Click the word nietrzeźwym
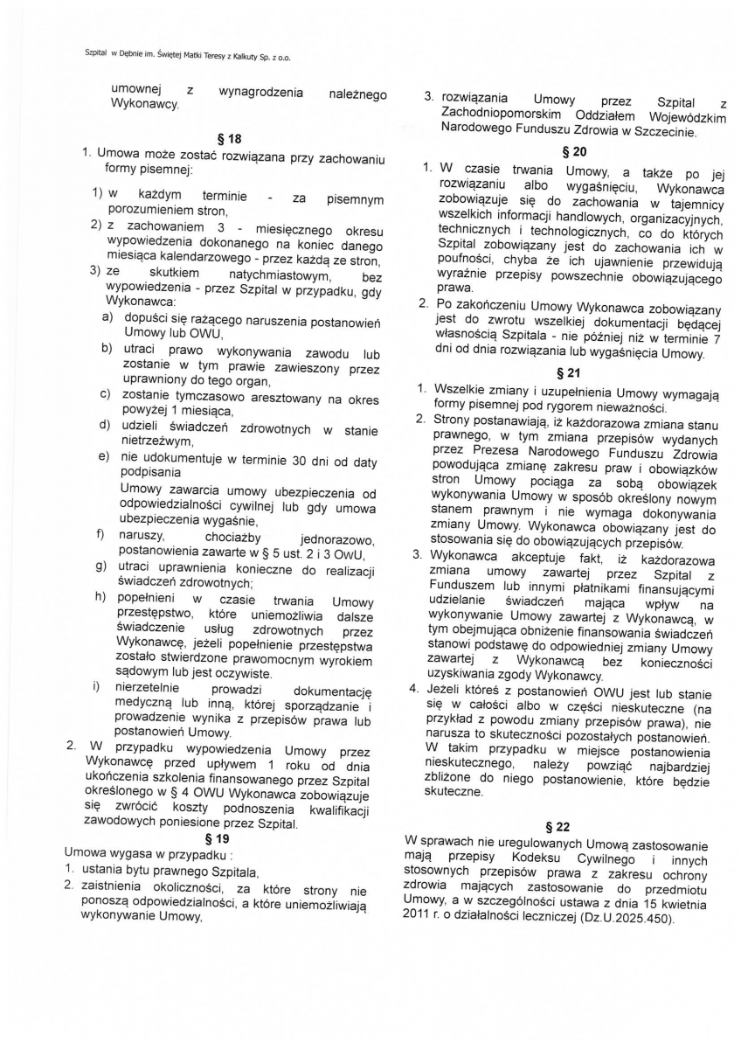point(156,441)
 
